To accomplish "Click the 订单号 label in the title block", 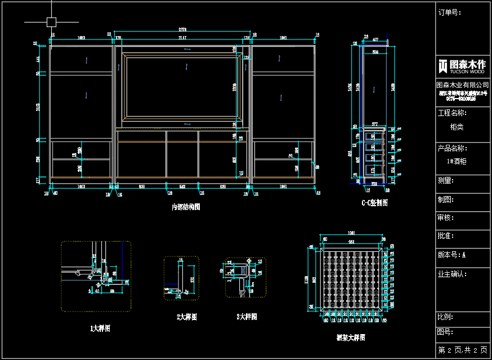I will [450, 12].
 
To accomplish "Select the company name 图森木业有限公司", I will [463, 84].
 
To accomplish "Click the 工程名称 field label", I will [452, 113].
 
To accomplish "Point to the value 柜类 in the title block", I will [457, 127].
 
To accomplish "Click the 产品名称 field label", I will [452, 148].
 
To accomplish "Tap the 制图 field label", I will [446, 199].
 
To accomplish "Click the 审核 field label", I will [446, 217].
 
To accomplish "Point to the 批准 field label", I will [446, 236].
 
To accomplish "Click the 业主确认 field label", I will [452, 274].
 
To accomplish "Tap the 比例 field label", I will [446, 318].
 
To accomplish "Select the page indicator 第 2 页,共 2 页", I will [463, 350].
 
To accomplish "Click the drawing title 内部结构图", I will [186, 207].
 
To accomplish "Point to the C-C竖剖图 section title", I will [374, 203].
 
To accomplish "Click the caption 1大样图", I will [100, 328].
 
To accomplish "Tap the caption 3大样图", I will [247, 317].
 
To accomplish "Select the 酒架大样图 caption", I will [351, 337].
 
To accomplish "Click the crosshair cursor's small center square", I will [51, 22].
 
